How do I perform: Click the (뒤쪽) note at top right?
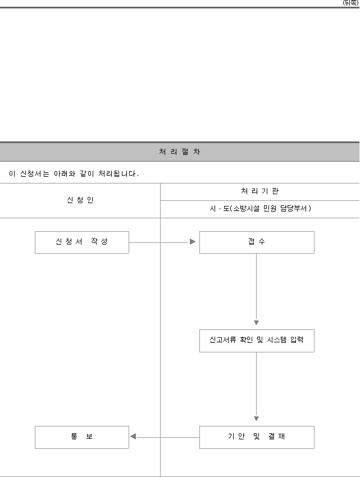coord(350,3)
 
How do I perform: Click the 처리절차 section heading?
coord(179,152)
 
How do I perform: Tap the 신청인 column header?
coord(80,200)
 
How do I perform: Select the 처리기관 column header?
coord(260,191)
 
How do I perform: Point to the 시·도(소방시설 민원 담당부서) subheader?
coord(260,208)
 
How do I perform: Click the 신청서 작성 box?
coord(82,242)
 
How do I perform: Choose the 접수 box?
coord(257,242)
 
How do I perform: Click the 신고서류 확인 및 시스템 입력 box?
coord(257,341)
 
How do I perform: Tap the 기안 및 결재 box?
coord(257,437)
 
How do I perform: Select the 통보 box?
coord(82,437)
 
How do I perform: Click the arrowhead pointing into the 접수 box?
coord(193,241)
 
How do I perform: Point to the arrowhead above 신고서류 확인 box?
coord(257,323)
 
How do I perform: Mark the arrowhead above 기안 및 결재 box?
coord(257,419)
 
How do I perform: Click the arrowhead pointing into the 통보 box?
coord(133,437)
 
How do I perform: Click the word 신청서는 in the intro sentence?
coord(35,174)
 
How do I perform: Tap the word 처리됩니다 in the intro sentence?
coord(119,174)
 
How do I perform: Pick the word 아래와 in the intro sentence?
coord(65,174)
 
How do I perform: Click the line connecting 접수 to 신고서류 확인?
coord(257,287)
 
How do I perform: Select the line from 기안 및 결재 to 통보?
coord(168,437)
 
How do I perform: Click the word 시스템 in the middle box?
coord(277,340)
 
